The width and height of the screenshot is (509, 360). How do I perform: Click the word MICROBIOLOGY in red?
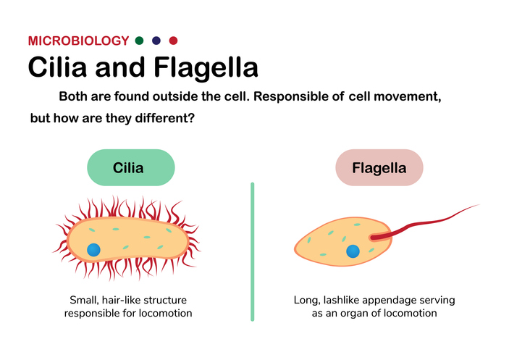(78, 41)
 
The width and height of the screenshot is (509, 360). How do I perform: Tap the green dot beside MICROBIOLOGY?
(139, 41)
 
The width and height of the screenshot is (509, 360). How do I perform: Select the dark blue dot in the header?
(156, 41)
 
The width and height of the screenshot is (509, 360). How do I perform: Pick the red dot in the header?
(173, 41)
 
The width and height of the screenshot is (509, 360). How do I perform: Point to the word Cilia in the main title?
(57, 67)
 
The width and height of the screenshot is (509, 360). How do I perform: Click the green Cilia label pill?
(131, 167)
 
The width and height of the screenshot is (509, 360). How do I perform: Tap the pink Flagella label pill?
(379, 167)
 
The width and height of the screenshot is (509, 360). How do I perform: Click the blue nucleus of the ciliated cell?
(94, 250)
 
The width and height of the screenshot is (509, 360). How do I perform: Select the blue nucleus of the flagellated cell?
(353, 251)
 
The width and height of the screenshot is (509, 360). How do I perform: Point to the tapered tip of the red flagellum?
(479, 204)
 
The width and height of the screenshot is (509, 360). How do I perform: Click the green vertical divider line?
(253, 252)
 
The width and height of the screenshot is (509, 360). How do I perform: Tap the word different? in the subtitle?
(164, 118)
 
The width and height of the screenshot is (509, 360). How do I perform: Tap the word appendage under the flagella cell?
(384, 301)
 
